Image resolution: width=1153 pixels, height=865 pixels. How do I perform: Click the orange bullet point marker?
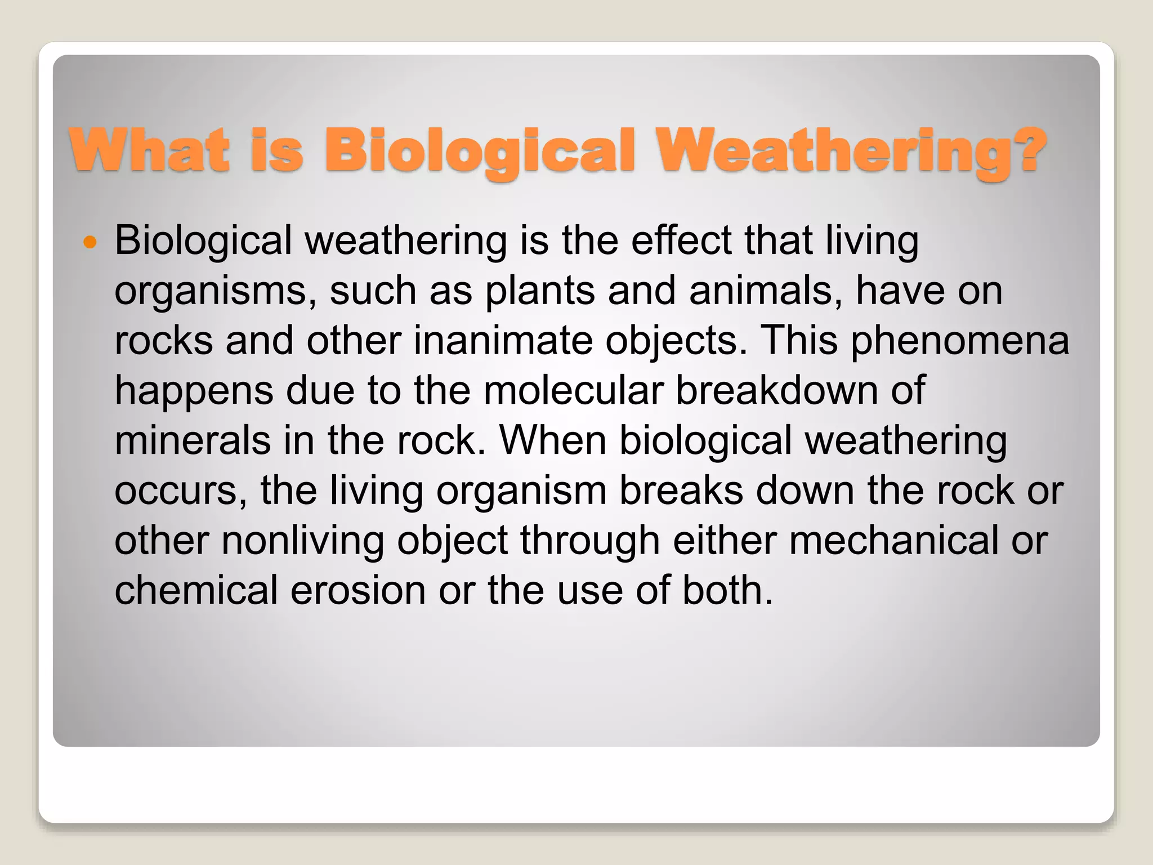90,243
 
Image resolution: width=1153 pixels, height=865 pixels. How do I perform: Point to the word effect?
681,240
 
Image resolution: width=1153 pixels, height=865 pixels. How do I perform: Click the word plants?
540,291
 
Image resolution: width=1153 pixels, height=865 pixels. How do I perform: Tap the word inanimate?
503,341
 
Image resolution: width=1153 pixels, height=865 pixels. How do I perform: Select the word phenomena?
959,341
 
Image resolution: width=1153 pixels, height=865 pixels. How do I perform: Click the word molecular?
573,390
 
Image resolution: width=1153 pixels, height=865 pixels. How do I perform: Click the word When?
553,440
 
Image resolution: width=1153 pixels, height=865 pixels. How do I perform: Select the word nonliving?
303,541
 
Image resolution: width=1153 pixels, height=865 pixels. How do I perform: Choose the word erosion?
358,591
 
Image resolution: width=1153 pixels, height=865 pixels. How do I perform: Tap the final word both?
727,591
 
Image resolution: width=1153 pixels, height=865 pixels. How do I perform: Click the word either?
725,541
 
